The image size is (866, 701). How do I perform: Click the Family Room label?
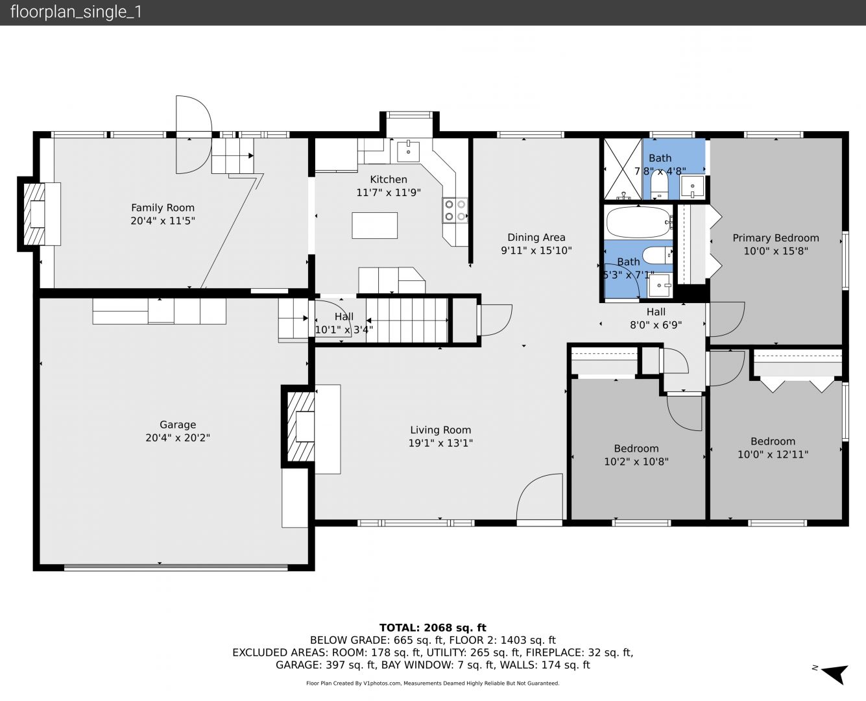click(163, 208)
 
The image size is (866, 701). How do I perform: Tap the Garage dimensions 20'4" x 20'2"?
click(178, 437)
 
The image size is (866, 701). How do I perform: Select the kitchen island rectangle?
click(374, 225)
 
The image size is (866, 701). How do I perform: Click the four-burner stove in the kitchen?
click(455, 210)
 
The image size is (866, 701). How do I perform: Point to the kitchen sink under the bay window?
click(408, 151)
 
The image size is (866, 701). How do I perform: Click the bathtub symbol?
click(639, 222)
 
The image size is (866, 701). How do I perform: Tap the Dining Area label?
click(536, 237)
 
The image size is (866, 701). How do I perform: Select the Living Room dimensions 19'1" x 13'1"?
click(440, 443)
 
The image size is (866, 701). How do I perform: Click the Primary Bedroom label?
click(776, 238)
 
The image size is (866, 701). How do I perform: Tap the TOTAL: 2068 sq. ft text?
click(433, 628)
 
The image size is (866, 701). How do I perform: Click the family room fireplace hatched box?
click(34, 214)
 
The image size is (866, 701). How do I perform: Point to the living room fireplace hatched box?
click(301, 426)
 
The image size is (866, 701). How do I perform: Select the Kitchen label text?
click(389, 179)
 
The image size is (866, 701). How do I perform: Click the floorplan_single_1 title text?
click(76, 12)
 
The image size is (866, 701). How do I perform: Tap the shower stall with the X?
click(622, 169)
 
